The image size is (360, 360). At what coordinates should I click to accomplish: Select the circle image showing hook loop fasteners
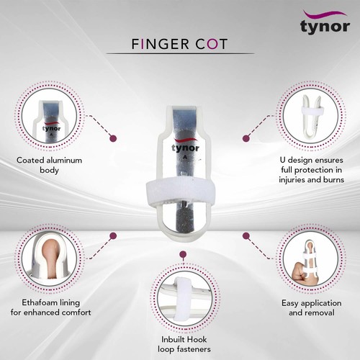coord(184,296)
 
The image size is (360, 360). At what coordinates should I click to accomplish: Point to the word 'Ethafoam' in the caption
coord(37,304)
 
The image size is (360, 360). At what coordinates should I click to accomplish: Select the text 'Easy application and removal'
coord(310,309)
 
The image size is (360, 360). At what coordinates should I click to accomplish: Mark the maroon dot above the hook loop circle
coord(184,254)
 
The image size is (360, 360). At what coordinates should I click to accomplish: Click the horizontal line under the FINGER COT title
coord(180,54)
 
